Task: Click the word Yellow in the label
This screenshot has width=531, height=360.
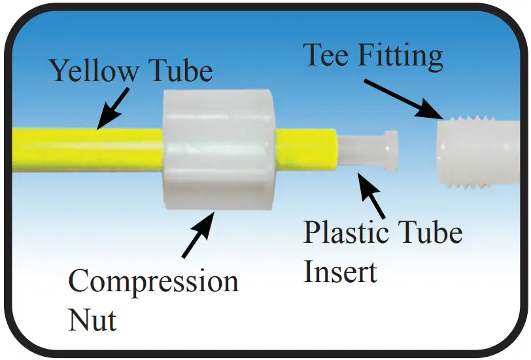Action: (91, 71)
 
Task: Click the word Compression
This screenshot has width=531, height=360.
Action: (154, 282)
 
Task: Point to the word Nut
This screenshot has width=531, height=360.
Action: (93, 320)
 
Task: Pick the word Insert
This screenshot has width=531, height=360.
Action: (340, 271)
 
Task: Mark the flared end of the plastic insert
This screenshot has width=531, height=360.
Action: (390, 150)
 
